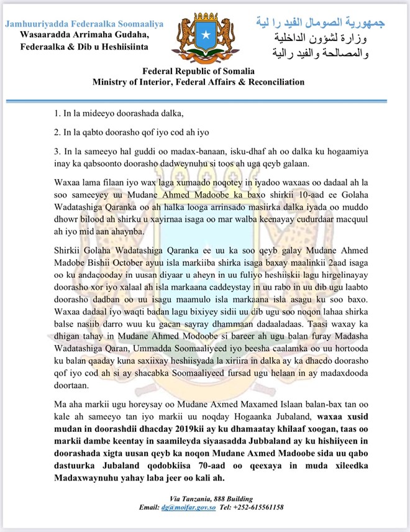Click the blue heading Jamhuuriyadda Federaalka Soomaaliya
[84, 24]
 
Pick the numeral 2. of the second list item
[57, 132]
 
